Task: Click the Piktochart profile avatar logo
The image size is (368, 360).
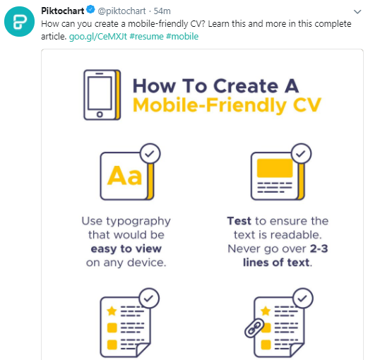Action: [19, 22]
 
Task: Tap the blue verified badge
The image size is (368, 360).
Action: [90, 10]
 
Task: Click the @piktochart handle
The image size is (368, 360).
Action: [121, 11]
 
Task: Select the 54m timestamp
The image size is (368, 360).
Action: [162, 11]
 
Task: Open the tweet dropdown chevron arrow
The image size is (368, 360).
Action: [357, 11]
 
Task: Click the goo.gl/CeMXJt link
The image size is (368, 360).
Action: [98, 37]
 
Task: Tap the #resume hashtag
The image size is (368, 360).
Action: [146, 37]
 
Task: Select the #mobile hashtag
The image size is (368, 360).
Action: [182, 37]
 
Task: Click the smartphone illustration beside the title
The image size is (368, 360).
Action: [102, 95]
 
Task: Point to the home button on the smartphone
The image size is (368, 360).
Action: [100, 114]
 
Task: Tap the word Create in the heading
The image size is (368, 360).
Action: [246, 86]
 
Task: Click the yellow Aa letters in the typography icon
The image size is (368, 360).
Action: [124, 175]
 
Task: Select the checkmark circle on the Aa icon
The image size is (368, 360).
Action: [150, 153]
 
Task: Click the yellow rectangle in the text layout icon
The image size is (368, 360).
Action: [275, 168]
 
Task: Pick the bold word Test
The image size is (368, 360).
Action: [239, 221]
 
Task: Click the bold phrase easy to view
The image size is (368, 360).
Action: [126, 249]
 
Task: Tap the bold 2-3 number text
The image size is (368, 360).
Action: [319, 248]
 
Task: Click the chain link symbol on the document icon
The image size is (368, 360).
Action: [254, 328]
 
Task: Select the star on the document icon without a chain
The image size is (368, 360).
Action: [112, 311]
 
